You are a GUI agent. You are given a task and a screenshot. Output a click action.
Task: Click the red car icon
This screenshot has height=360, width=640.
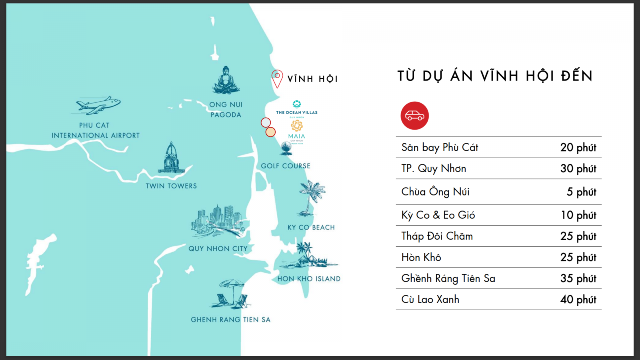click(414, 116)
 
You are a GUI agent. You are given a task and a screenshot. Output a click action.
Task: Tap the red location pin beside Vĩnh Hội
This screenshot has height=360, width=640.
click(277, 78)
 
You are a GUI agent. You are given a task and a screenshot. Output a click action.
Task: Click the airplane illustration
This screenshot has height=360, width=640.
click(98, 105)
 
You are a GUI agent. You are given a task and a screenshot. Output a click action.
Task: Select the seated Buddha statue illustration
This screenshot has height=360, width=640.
click(226, 80)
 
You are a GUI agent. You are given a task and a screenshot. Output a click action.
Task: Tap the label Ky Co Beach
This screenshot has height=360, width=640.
click(311, 227)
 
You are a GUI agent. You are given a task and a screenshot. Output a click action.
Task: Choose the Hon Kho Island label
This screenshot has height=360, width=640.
click(309, 279)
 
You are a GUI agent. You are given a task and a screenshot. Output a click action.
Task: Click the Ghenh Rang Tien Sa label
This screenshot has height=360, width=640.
click(230, 320)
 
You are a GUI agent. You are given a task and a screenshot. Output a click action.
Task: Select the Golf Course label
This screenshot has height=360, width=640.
click(285, 166)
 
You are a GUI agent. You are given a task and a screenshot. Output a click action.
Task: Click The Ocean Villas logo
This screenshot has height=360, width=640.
click(296, 108)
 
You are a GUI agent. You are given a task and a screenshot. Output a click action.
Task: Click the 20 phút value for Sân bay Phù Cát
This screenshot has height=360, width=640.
click(578, 148)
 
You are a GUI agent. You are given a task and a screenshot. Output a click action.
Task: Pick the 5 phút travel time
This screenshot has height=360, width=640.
click(581, 192)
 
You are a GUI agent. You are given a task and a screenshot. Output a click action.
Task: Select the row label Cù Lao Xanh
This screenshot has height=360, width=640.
click(430, 300)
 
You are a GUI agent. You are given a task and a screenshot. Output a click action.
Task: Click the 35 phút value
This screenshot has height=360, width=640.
click(578, 278)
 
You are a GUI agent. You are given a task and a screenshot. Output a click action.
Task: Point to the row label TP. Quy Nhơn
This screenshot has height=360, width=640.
click(434, 168)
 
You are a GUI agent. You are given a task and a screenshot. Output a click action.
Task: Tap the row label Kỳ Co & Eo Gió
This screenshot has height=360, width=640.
click(438, 215)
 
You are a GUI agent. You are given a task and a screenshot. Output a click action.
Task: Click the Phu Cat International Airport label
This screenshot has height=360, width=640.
click(95, 130)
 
